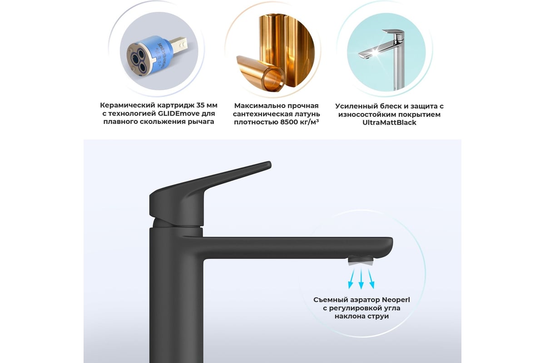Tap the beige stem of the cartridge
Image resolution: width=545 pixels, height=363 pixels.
[x=179, y=44]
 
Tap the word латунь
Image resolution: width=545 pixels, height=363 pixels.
[x=308, y=114]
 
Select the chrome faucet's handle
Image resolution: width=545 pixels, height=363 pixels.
[x=393, y=34]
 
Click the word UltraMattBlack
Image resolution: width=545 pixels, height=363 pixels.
[x=389, y=123]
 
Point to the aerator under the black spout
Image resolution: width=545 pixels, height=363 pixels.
[x=361, y=260]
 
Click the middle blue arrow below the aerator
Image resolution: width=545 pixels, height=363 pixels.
[x=361, y=279]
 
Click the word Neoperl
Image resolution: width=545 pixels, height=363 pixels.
[x=396, y=300]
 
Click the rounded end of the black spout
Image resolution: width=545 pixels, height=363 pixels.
[x=389, y=247]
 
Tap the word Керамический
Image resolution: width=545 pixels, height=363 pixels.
[x=128, y=106]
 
